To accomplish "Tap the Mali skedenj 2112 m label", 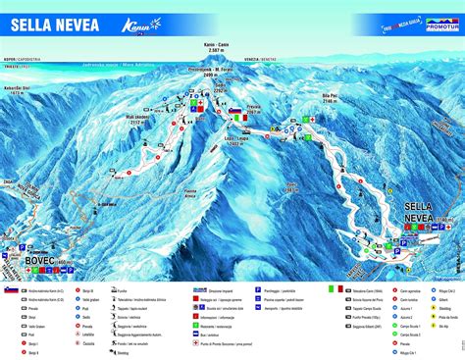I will [x=143, y=121].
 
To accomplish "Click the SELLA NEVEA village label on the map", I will [x=421, y=211].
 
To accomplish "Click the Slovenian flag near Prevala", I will [x=235, y=107].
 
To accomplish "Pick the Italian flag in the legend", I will [x=331, y=289].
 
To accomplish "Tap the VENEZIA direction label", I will [x=257, y=60].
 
